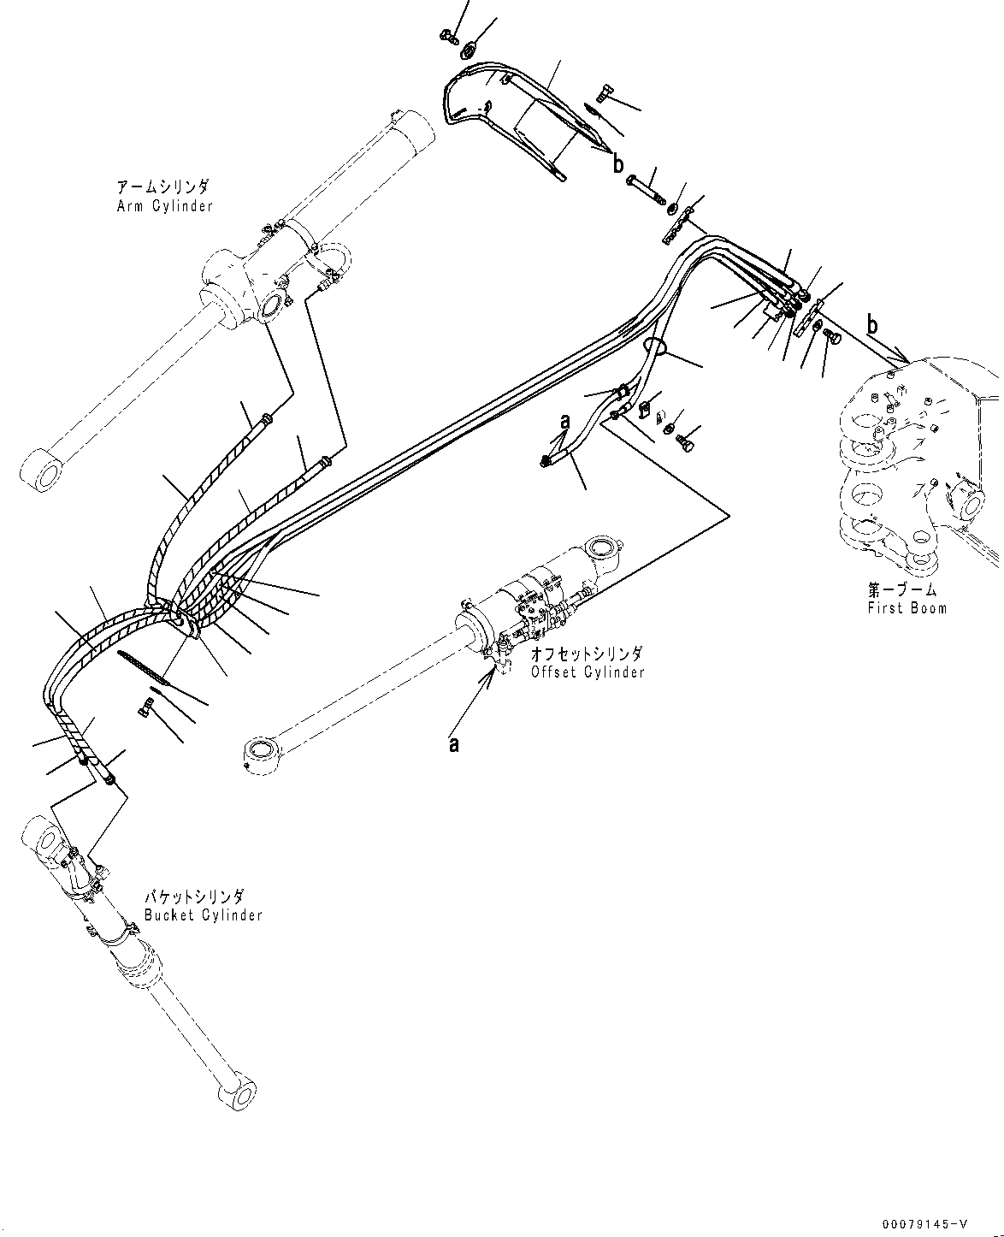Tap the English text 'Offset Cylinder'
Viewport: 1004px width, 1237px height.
(x=587, y=672)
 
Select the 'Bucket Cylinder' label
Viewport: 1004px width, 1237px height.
(x=203, y=914)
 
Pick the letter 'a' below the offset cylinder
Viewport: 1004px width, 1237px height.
(x=454, y=744)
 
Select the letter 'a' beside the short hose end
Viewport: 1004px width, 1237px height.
(x=564, y=422)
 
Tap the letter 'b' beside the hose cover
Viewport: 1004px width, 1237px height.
(x=617, y=165)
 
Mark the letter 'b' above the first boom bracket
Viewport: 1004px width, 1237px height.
(x=872, y=325)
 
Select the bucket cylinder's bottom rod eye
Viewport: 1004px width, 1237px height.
(x=240, y=1093)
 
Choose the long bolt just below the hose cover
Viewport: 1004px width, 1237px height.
(x=647, y=191)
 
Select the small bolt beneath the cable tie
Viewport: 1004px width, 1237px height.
(x=145, y=707)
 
